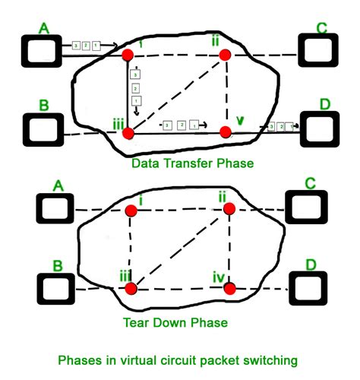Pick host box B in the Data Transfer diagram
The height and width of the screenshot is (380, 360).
pyautogui.click(x=42, y=130)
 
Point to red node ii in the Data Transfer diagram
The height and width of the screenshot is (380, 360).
pyautogui.click(x=224, y=55)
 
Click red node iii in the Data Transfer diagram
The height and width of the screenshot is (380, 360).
pyautogui.click(x=128, y=133)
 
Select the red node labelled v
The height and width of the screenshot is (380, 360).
pyautogui.click(x=225, y=132)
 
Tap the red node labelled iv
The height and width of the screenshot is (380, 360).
pyautogui.click(x=230, y=288)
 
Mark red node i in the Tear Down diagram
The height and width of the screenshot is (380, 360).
pyautogui.click(x=131, y=210)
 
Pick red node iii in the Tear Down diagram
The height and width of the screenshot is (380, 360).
pyautogui.click(x=131, y=288)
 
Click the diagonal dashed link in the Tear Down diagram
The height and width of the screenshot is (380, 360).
pyautogui.click(x=180, y=249)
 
